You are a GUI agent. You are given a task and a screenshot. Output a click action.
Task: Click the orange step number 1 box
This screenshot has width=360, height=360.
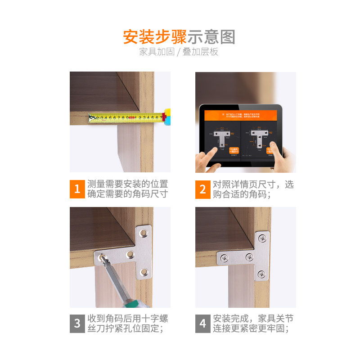pos(77,189)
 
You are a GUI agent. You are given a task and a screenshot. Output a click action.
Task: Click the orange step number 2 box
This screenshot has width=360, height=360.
pos(202,189)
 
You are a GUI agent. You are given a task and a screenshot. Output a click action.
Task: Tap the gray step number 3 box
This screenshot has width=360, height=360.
pos(77,323)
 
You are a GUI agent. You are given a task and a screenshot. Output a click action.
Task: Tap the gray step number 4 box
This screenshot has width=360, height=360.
pos(202,323)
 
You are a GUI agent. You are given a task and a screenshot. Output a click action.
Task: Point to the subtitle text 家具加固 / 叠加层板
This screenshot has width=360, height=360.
pos(179,52)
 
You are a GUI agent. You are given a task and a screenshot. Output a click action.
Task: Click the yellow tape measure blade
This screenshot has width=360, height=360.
pos(126,118)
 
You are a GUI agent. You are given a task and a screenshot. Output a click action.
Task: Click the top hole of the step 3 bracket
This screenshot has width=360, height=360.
pos(144,233)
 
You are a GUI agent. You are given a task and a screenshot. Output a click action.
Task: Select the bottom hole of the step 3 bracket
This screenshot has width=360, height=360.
pos(144,271)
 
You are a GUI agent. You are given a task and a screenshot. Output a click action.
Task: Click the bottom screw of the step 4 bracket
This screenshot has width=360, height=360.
pos(261,274)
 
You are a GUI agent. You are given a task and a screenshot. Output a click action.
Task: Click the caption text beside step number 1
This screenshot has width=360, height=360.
pos(127,189)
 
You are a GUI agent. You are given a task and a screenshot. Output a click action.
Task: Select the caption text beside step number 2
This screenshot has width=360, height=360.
pos(253,189)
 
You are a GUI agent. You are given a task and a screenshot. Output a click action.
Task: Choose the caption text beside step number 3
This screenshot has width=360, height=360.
pos(127,323)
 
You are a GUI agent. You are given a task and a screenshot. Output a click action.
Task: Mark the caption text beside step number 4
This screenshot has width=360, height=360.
pos(253,323)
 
